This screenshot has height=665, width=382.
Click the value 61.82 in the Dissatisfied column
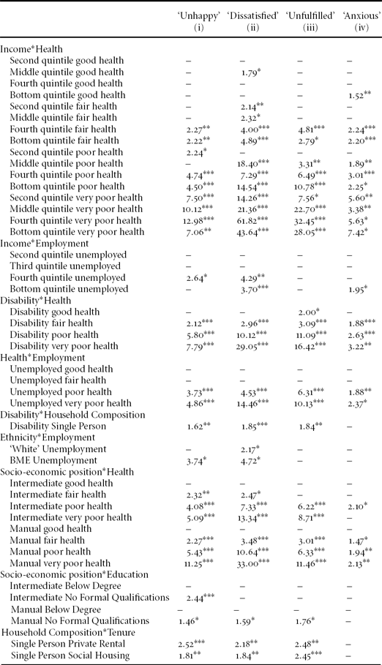pos(247,220)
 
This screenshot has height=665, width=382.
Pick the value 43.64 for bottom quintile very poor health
pos(247,232)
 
